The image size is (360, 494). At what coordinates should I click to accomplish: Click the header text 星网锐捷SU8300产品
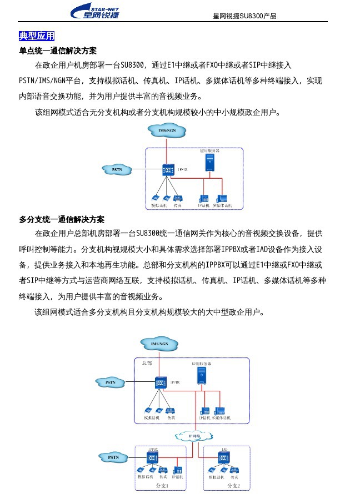coord(244,16)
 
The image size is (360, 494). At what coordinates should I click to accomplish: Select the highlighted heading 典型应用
coord(37,36)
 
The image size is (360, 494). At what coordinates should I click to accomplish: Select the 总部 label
coord(146,363)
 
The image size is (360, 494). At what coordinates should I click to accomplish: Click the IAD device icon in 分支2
coord(224,458)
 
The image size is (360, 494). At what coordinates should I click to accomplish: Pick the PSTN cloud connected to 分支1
coord(113,457)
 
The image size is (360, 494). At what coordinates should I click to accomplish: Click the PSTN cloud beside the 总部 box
coord(112,382)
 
